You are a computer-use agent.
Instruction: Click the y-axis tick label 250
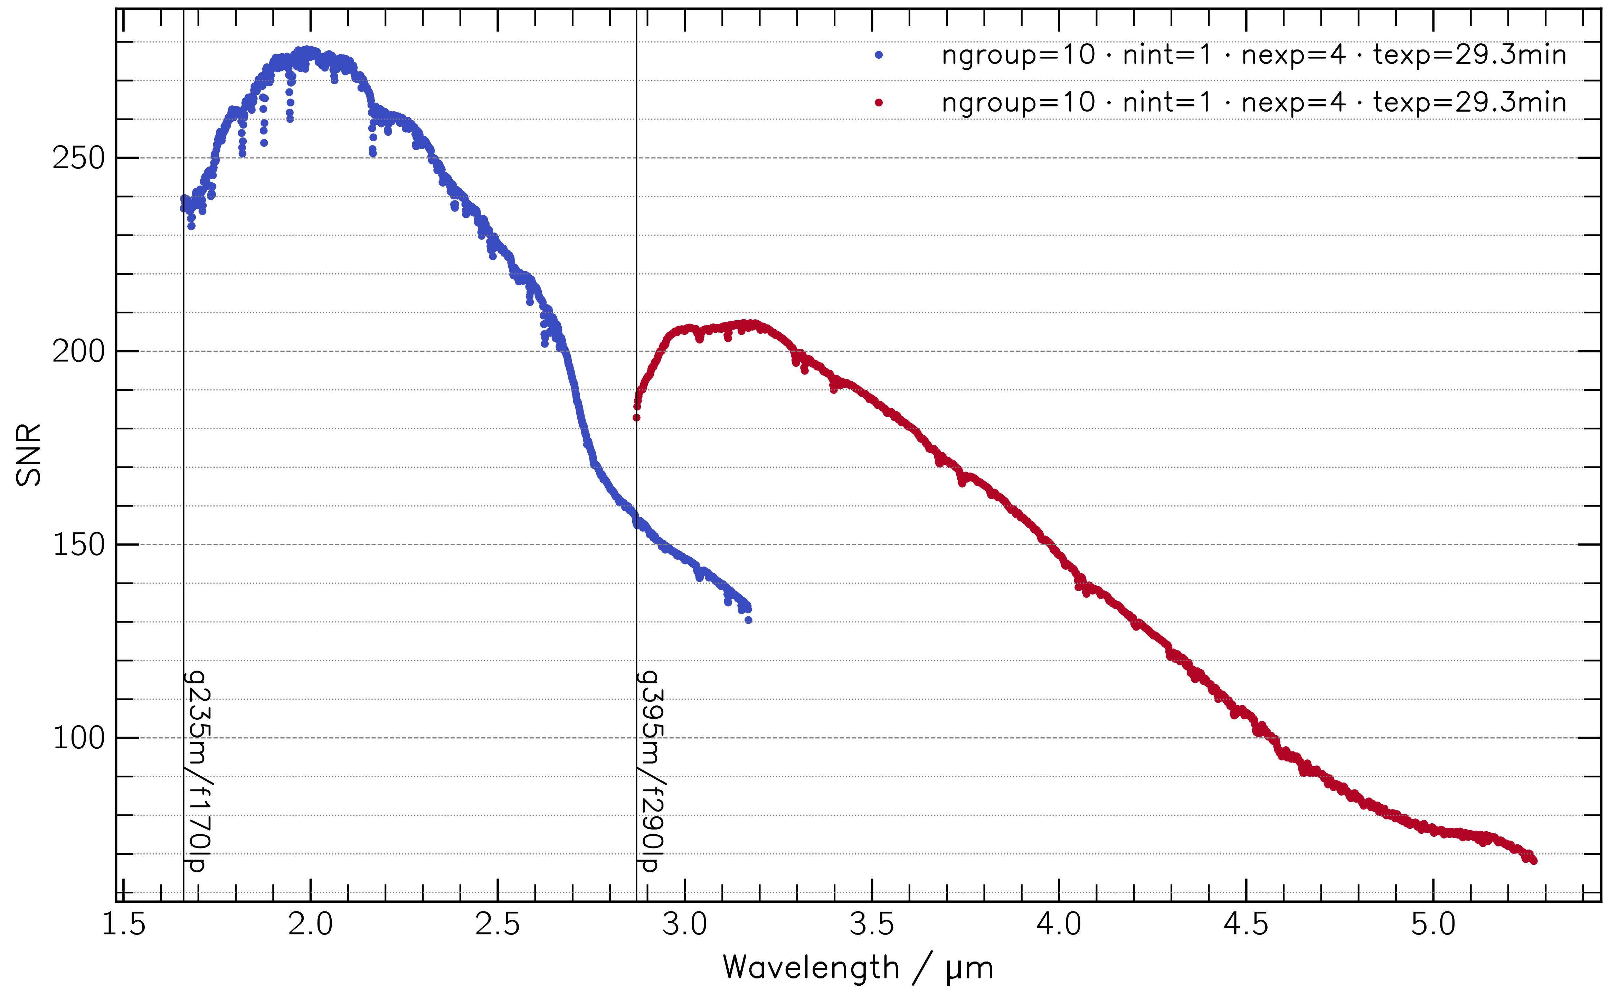pyautogui.click(x=78, y=159)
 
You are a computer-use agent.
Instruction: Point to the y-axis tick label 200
pyautogui.click(x=78, y=352)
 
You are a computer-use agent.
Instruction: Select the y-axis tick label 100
pyautogui.click(x=78, y=738)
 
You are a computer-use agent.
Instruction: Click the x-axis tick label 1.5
pyautogui.click(x=124, y=925)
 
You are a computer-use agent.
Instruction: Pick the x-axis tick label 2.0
pyautogui.click(x=311, y=925)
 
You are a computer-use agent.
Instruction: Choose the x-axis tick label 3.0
pyautogui.click(x=685, y=925)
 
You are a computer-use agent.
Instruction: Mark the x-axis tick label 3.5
pyautogui.click(x=872, y=925)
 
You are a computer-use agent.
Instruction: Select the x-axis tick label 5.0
pyautogui.click(x=1433, y=925)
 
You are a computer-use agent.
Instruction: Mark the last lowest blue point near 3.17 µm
pyautogui.click(x=748, y=620)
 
